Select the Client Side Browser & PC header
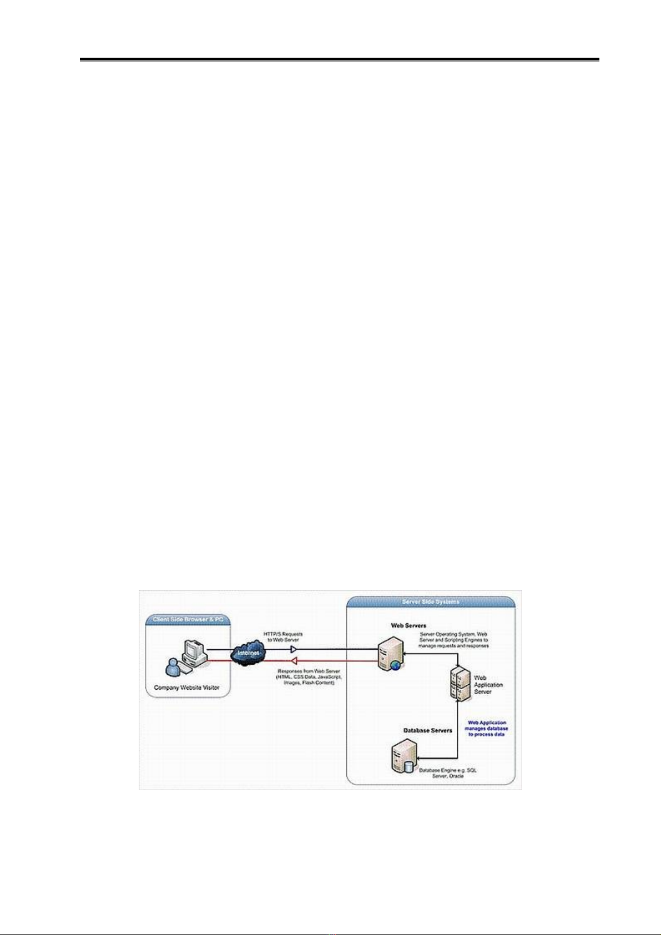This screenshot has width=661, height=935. (x=188, y=619)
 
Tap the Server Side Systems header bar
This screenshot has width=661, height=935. (x=431, y=602)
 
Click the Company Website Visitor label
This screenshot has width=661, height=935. (x=186, y=688)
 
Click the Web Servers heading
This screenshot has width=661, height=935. (x=408, y=625)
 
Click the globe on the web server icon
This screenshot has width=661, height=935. (x=395, y=665)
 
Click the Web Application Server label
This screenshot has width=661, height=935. (x=488, y=685)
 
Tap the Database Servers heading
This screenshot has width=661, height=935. (x=427, y=730)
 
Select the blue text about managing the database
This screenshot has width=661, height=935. (x=487, y=728)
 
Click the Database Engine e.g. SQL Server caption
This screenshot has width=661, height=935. (x=447, y=773)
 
